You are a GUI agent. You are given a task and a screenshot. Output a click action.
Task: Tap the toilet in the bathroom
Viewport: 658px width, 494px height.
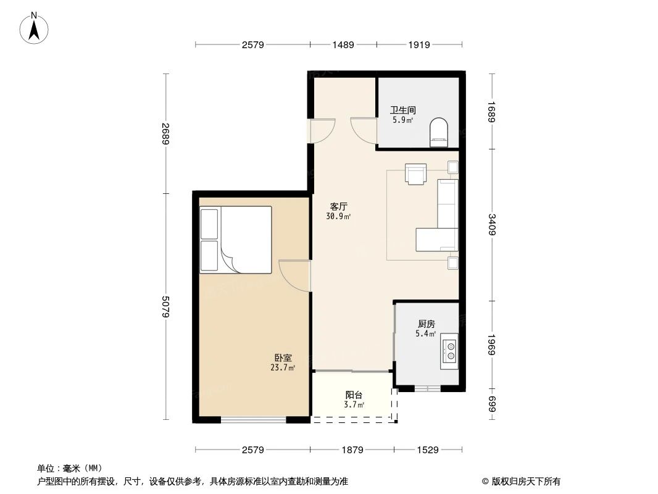[438, 133]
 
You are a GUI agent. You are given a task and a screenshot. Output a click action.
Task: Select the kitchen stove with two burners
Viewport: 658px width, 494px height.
[449, 351]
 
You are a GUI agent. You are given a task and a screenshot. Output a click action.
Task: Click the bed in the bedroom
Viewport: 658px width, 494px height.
[236, 240]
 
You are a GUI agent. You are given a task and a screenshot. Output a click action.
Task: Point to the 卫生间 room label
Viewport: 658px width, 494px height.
[398, 111]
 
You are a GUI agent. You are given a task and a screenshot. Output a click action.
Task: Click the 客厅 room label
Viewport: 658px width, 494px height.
[338, 207]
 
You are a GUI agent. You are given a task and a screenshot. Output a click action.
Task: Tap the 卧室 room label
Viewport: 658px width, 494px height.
[283, 358]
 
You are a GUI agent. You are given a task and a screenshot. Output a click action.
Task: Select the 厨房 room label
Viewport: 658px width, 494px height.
[426, 324]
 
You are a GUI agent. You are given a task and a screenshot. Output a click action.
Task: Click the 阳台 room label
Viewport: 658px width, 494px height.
[354, 395]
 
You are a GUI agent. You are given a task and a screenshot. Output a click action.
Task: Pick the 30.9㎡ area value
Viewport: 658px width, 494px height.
[338, 217]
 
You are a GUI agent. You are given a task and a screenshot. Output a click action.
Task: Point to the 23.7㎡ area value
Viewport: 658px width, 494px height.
[283, 367]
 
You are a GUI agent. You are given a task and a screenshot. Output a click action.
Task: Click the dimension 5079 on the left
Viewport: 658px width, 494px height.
[165, 307]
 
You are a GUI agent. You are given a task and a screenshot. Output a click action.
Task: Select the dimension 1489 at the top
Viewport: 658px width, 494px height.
[343, 44]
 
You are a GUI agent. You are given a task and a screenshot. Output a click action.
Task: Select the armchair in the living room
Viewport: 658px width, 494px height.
[415, 174]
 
